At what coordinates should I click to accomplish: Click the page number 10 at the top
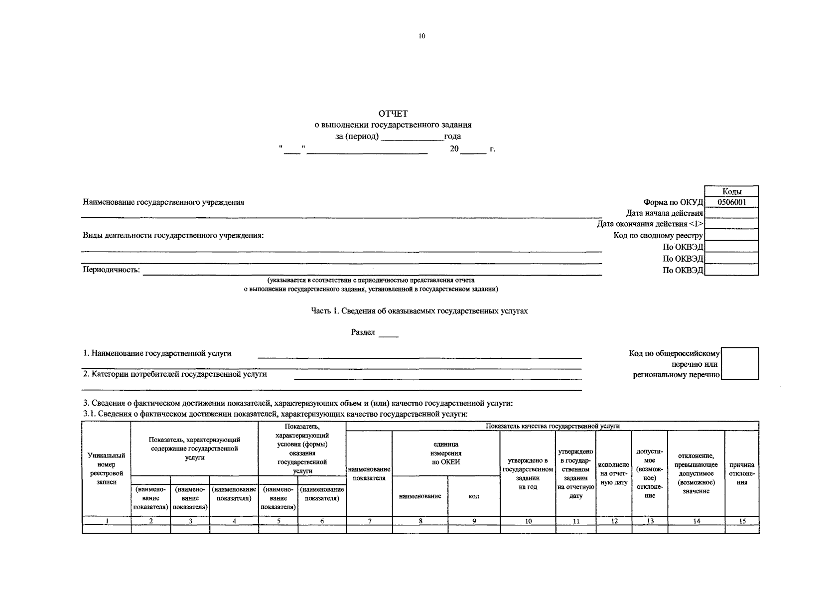click(422, 36)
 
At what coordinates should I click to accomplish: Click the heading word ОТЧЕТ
click(393, 114)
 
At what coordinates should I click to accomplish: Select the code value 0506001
click(731, 202)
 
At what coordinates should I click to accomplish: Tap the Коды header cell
click(731, 191)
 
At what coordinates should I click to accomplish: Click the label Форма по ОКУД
click(673, 202)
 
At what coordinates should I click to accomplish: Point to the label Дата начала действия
click(665, 213)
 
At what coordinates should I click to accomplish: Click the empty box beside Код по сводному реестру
click(731, 235)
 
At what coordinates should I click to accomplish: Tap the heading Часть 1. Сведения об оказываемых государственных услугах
click(419, 311)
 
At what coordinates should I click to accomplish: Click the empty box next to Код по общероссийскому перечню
click(740, 364)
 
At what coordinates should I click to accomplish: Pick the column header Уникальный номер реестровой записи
click(106, 468)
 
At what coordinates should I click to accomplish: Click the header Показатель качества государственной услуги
click(552, 426)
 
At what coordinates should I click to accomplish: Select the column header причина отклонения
click(741, 473)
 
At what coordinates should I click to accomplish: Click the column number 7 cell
click(369, 521)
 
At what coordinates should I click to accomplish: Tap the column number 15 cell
click(742, 521)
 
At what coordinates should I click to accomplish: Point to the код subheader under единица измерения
click(474, 496)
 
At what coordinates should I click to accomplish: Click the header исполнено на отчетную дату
click(614, 473)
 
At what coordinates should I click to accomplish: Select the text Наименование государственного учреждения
click(163, 202)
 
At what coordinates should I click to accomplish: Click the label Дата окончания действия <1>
click(650, 224)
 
